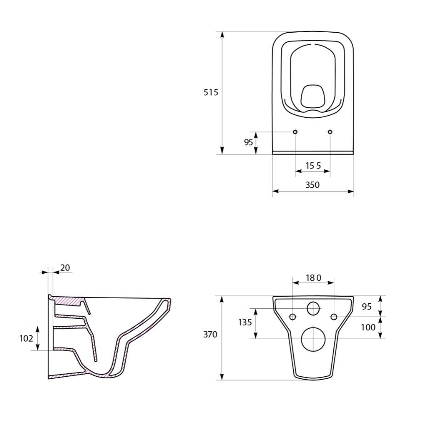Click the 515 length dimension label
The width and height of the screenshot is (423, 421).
pos(211,92)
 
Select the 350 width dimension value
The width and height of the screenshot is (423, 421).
pos(312,185)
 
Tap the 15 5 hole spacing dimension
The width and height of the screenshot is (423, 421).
pos(312,165)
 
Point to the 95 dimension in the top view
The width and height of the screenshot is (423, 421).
pos(248,142)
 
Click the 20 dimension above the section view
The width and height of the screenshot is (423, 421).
pos(65,267)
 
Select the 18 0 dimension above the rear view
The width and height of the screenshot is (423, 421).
pos(313,278)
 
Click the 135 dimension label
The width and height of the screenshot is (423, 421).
pos(245,322)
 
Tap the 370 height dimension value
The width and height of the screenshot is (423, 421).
pos(211,334)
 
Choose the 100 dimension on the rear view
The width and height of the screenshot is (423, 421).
pos(368,327)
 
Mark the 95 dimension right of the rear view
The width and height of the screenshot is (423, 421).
pos(366,307)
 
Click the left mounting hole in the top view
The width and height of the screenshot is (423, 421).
pos(295,132)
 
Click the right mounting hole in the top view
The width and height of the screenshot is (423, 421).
pos(330,132)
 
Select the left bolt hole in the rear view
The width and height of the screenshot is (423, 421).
pos(292,317)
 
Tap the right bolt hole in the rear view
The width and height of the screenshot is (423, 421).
pos(334,317)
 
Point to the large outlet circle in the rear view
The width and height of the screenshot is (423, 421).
pos(313,339)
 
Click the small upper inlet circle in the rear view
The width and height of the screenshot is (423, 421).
pos(313,309)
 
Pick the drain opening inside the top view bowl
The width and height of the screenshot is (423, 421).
pos(313,96)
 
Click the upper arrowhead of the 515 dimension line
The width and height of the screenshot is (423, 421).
pos(222,35)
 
